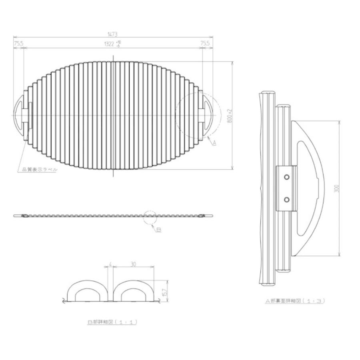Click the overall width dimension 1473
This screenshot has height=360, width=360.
[x=112, y=35]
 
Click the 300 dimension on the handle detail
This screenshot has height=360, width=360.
[x=337, y=188]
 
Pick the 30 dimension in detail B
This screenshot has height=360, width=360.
[x=133, y=264]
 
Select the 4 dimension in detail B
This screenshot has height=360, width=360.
[x=110, y=264]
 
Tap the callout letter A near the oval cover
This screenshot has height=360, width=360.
[x=214, y=143]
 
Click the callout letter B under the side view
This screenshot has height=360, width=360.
[x=159, y=230]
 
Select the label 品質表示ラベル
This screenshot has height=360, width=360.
[x=38, y=170]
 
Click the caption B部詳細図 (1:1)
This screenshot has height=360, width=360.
[x=112, y=322]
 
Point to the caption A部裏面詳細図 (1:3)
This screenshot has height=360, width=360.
[x=295, y=300]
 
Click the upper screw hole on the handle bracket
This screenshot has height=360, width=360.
[x=286, y=177]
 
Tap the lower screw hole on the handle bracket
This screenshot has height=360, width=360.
[x=286, y=199]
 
